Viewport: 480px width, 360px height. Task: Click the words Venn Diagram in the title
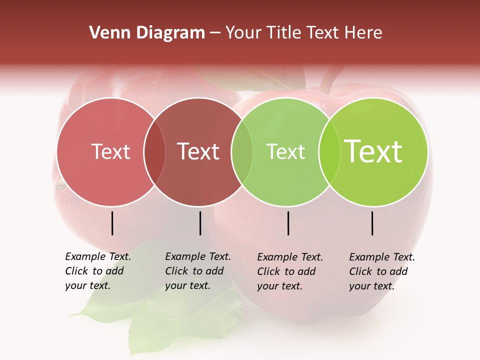tap(147, 33)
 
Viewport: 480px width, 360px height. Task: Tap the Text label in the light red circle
tap(110, 151)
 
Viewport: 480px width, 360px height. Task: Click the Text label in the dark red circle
tap(198, 151)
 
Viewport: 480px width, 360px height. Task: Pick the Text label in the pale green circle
tap(285, 151)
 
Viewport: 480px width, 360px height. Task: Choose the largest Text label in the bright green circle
tap(373, 151)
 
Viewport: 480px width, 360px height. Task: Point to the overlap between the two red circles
tap(154, 152)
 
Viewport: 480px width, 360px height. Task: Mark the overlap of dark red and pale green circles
tap(242, 152)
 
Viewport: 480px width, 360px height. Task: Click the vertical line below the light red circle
tap(112, 223)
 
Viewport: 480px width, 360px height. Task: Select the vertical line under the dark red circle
tap(200, 223)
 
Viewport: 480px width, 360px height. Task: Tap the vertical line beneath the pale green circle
tap(288, 223)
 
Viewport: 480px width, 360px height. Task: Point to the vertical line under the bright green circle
tap(372, 223)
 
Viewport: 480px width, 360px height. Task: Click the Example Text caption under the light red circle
tap(98, 271)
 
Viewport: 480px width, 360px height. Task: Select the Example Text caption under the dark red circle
tap(198, 271)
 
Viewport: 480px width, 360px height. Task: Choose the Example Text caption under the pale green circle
tap(290, 271)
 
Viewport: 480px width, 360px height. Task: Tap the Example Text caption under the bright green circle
tap(382, 271)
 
